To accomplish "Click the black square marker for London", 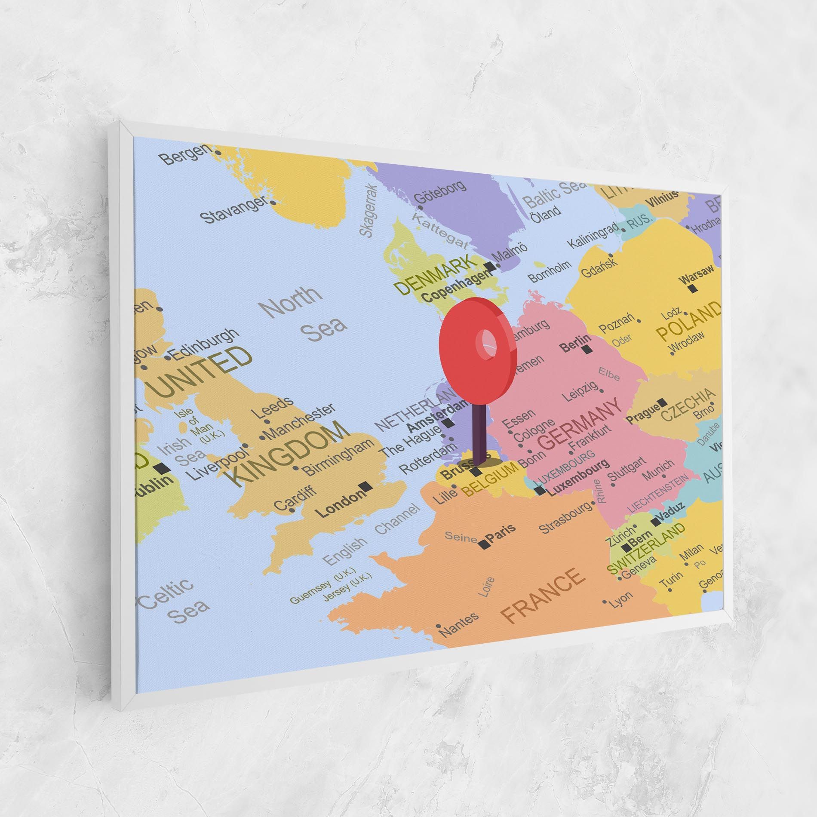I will point(366,486).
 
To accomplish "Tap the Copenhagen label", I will point(457,285).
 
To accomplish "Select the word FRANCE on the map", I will point(544,596).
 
